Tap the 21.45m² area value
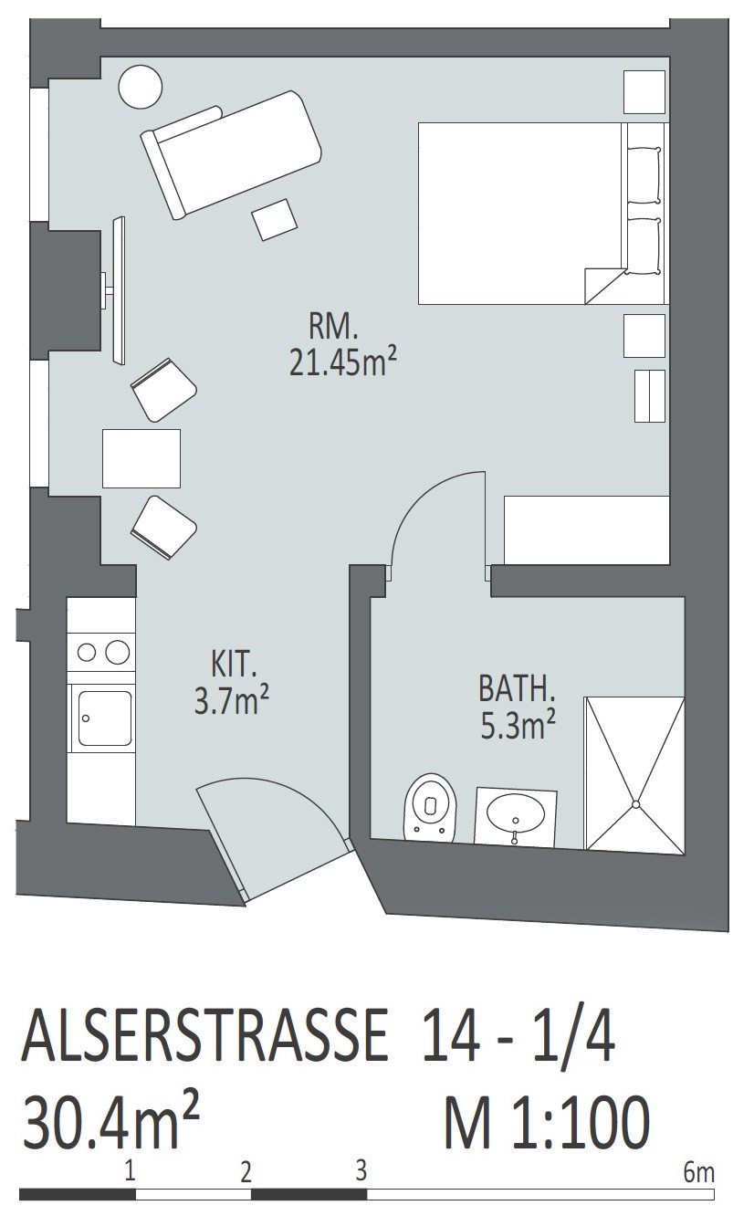pos(342,362)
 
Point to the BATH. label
pos(517,689)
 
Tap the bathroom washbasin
pos(516,816)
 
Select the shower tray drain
pos(635,804)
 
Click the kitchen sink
pos(104,718)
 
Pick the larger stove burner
pos(117,652)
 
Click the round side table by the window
pos(140,87)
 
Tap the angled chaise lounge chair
pos(231,154)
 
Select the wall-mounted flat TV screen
pos(119,290)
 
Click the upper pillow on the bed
pos(644,174)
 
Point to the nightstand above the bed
pos(644,92)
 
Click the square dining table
pos(141,458)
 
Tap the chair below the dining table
pos(163,527)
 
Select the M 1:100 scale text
pos(547,1122)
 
